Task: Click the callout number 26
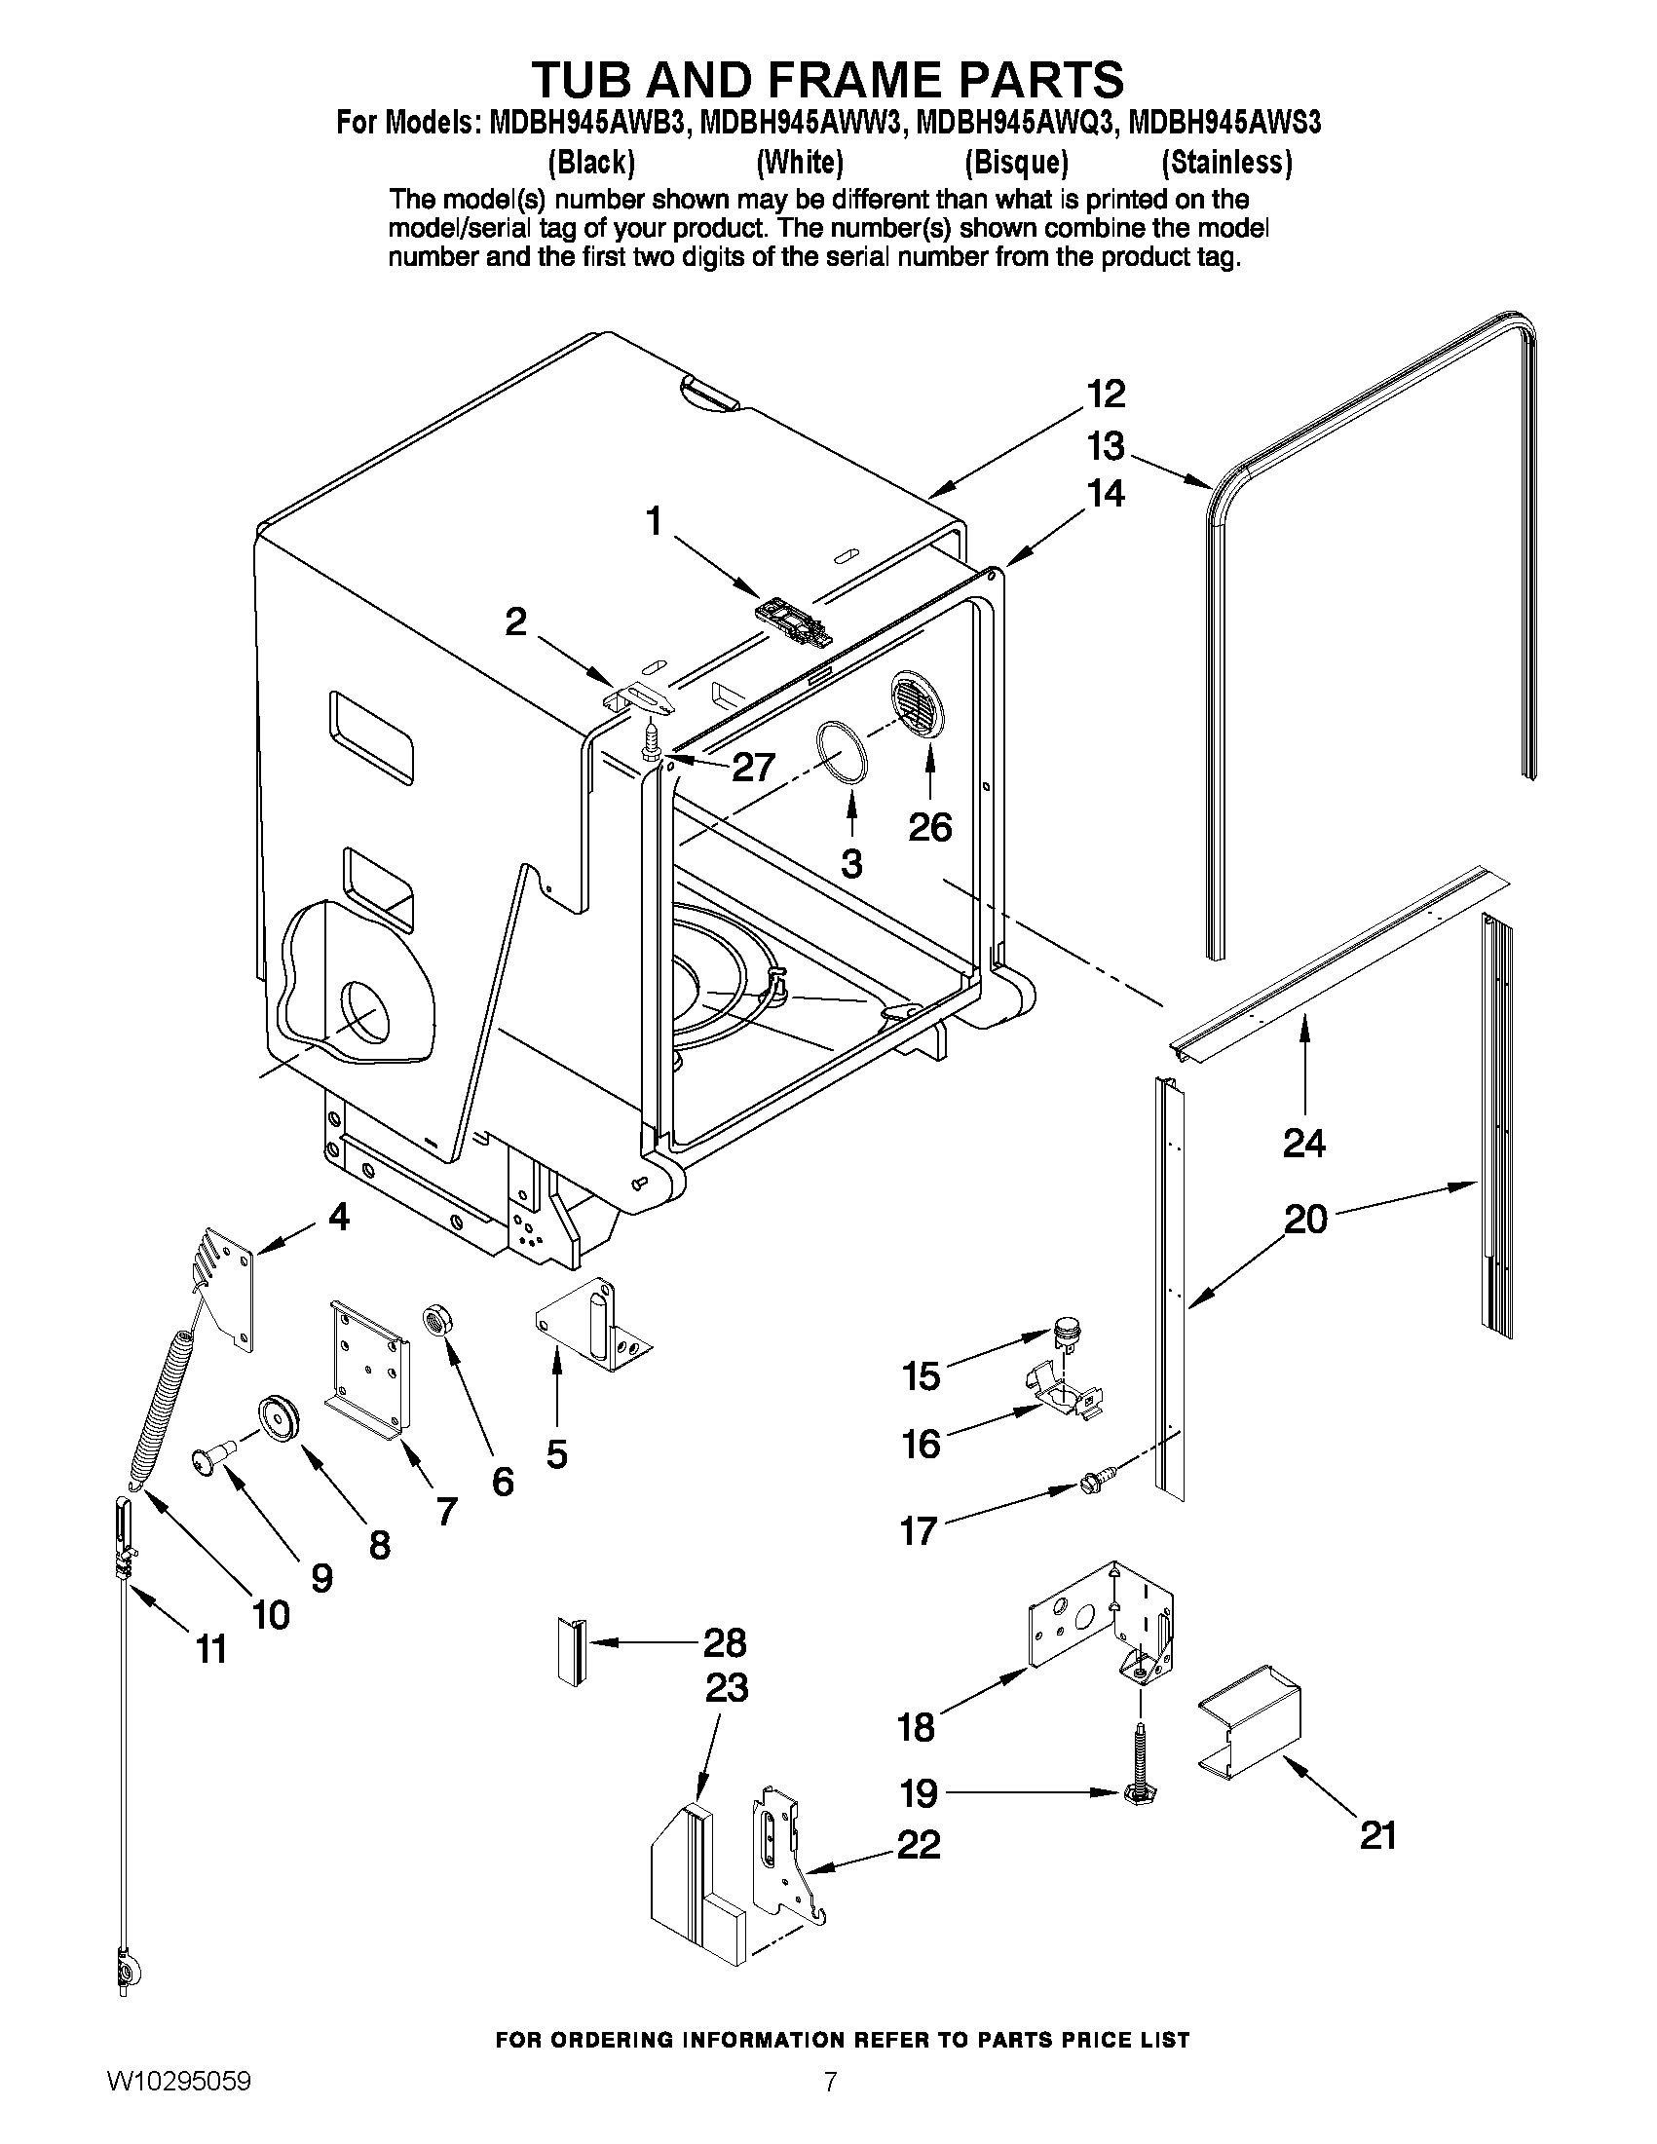point(928,827)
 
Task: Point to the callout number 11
point(211,1649)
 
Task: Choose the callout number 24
point(1303,1143)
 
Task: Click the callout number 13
point(1106,447)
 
